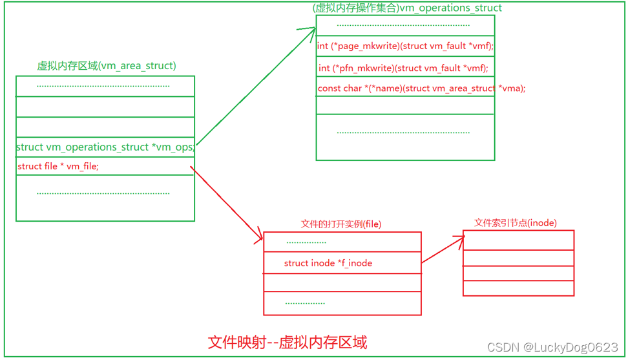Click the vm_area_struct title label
click(107, 66)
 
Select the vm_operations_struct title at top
click(406, 8)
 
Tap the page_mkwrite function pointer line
click(405, 46)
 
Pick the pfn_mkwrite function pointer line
click(403, 68)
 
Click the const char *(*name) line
click(421, 88)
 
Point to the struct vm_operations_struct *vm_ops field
click(105, 147)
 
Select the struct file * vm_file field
click(58, 166)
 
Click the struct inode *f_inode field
click(328, 263)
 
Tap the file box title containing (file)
click(341, 224)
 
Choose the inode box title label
click(516, 223)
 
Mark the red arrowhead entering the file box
click(258, 239)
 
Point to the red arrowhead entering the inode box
click(460, 240)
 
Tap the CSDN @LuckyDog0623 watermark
click(552, 347)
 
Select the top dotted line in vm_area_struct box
click(103, 86)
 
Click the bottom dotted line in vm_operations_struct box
click(403, 132)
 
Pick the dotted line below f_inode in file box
click(305, 302)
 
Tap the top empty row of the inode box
click(518, 240)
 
